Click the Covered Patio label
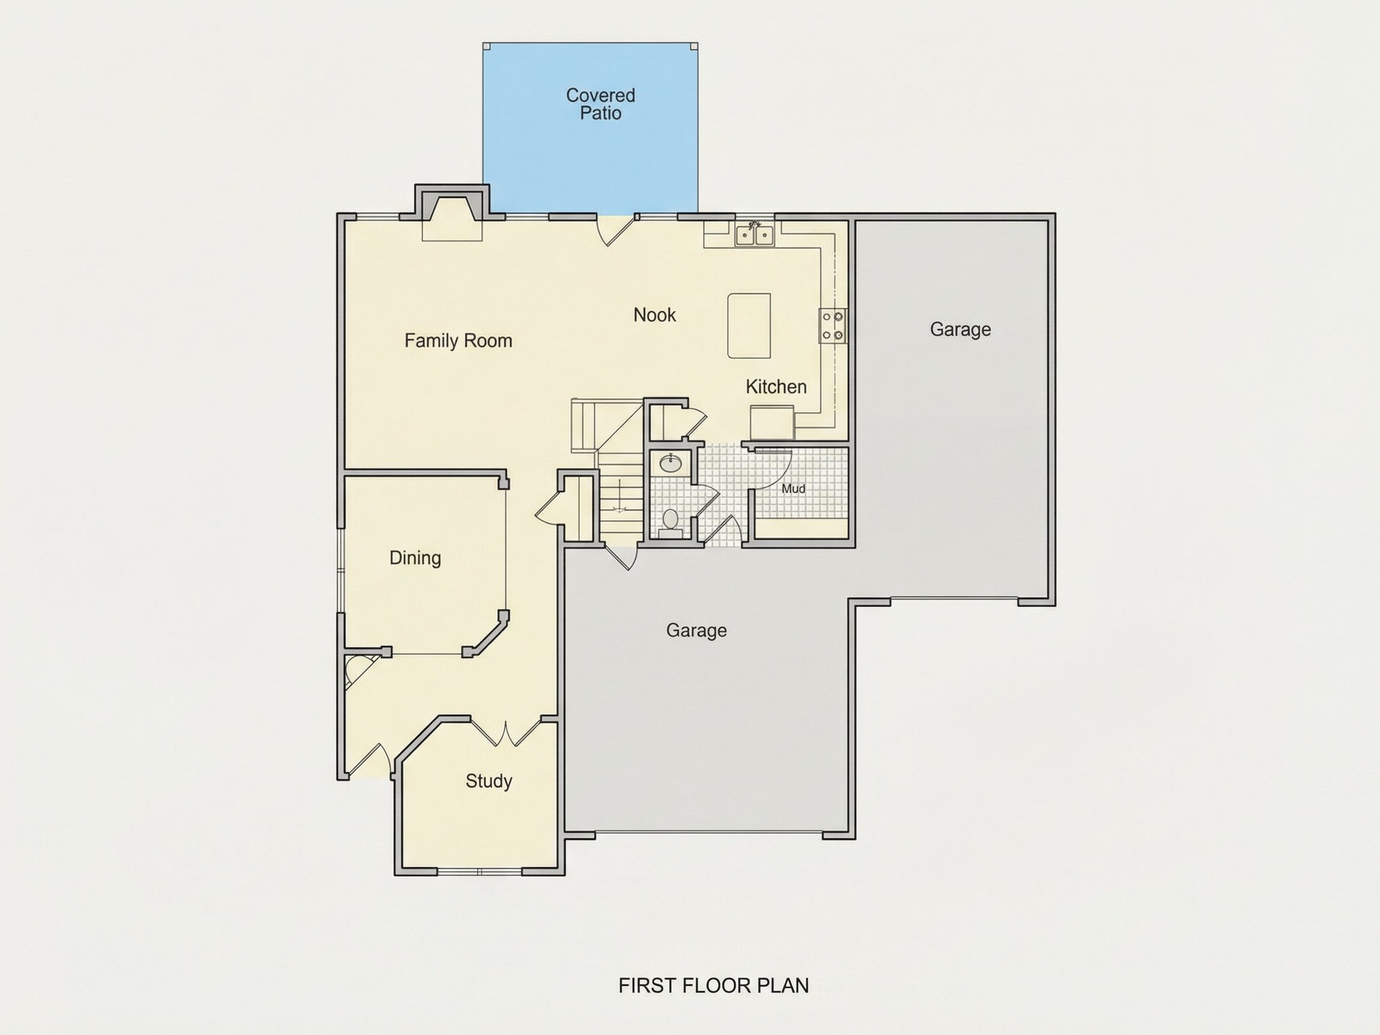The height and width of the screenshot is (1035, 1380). point(600,104)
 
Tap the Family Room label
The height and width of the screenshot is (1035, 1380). point(458,341)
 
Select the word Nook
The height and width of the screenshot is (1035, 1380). point(655,315)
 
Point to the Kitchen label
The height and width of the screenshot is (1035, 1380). point(776,387)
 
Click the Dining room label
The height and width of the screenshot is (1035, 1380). point(415,558)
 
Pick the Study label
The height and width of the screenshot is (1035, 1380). point(489,781)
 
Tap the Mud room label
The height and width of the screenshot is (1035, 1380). point(793,489)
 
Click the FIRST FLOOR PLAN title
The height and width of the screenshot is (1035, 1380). point(713,985)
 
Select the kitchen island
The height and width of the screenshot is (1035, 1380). point(749,326)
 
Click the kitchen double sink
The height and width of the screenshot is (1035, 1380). point(754,235)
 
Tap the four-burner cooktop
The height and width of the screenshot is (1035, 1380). point(832,326)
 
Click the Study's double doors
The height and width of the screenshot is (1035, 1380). point(506,734)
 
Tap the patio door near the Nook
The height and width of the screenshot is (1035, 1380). point(616,229)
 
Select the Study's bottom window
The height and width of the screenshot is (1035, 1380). point(479,871)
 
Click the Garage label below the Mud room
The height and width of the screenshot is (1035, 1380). point(696,631)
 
